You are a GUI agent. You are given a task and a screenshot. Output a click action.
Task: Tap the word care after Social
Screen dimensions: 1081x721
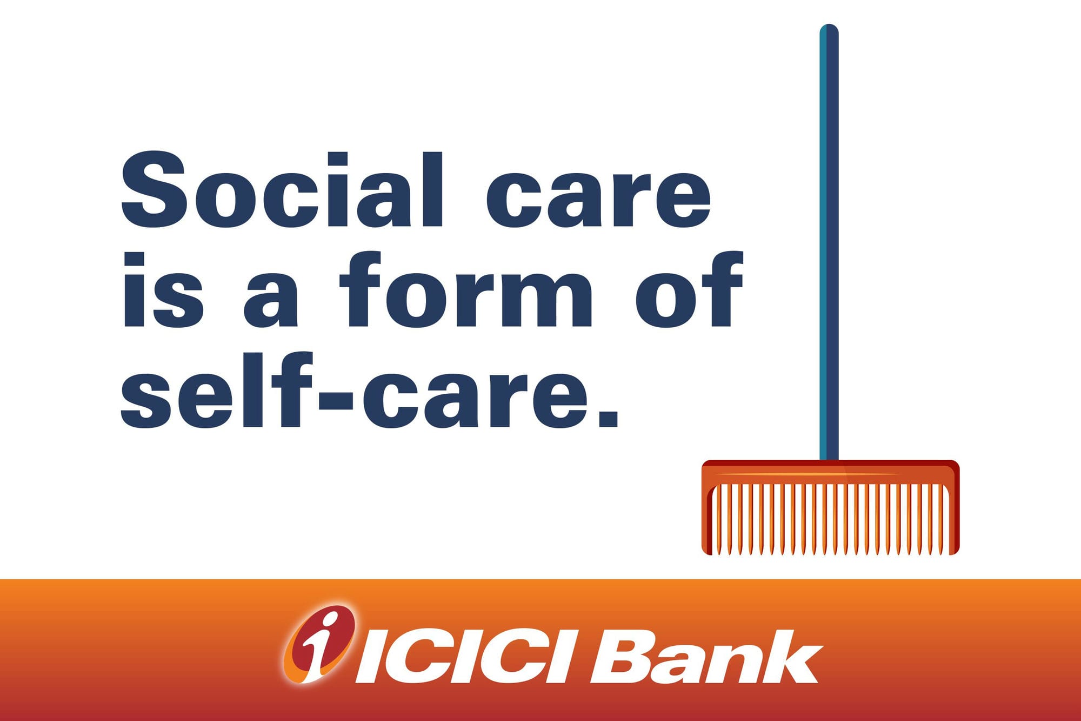click(598, 199)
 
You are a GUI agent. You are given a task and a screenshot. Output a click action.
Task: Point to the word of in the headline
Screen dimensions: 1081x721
click(690, 289)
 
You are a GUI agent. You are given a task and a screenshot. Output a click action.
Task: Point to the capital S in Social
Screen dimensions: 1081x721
click(154, 189)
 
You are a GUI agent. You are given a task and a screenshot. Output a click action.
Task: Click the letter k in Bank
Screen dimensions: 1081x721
click(792, 656)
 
